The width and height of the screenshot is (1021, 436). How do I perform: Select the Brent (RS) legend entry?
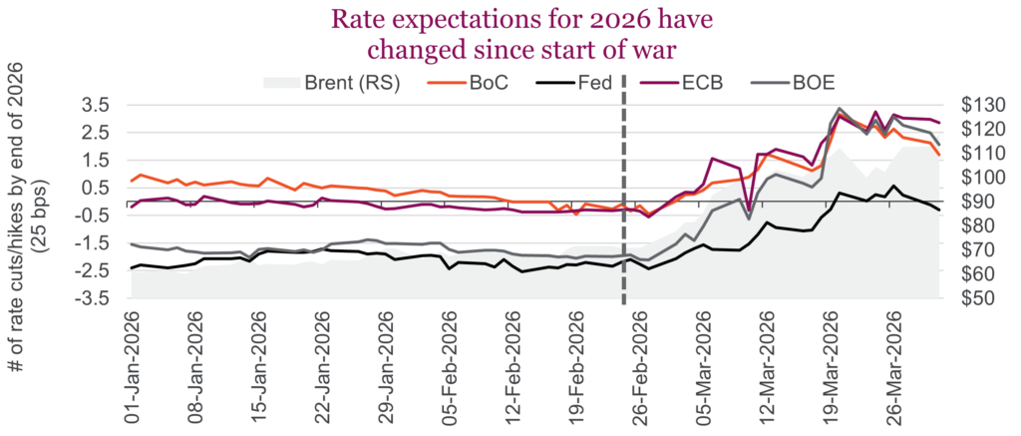339,83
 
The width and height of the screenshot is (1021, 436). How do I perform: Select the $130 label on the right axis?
978,105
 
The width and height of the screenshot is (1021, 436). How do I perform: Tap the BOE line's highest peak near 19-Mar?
840,108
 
